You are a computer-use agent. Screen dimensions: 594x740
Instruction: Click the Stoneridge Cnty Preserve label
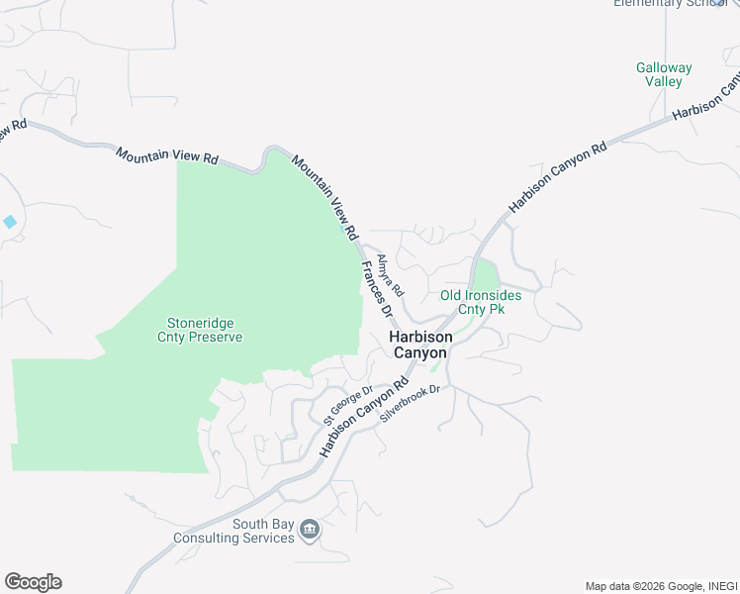pos(200,330)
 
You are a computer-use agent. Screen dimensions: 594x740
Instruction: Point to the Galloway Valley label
pos(663,75)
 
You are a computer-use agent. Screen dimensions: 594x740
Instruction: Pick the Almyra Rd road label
pos(391,275)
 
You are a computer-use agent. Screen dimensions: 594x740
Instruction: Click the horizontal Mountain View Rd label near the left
pos(166,156)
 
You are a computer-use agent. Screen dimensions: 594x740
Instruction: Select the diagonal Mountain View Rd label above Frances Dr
pos(324,190)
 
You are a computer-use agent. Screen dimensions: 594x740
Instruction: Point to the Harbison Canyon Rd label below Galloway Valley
pos(557,178)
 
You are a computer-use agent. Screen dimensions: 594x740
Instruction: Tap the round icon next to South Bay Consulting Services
pos(310,532)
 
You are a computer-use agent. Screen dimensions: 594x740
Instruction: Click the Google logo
pos(33,582)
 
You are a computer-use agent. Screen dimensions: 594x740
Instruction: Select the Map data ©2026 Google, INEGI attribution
pos(660,586)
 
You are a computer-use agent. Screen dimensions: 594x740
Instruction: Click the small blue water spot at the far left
pos(10,222)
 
